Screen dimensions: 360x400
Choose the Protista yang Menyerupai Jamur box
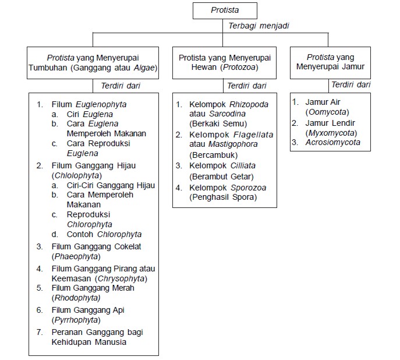pos(330,62)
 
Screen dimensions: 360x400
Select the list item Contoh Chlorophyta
pos(105,234)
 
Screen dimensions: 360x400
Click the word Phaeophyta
pos(76,256)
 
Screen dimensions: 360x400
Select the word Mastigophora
pos(231,144)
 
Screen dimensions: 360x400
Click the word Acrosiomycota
pos(333,142)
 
